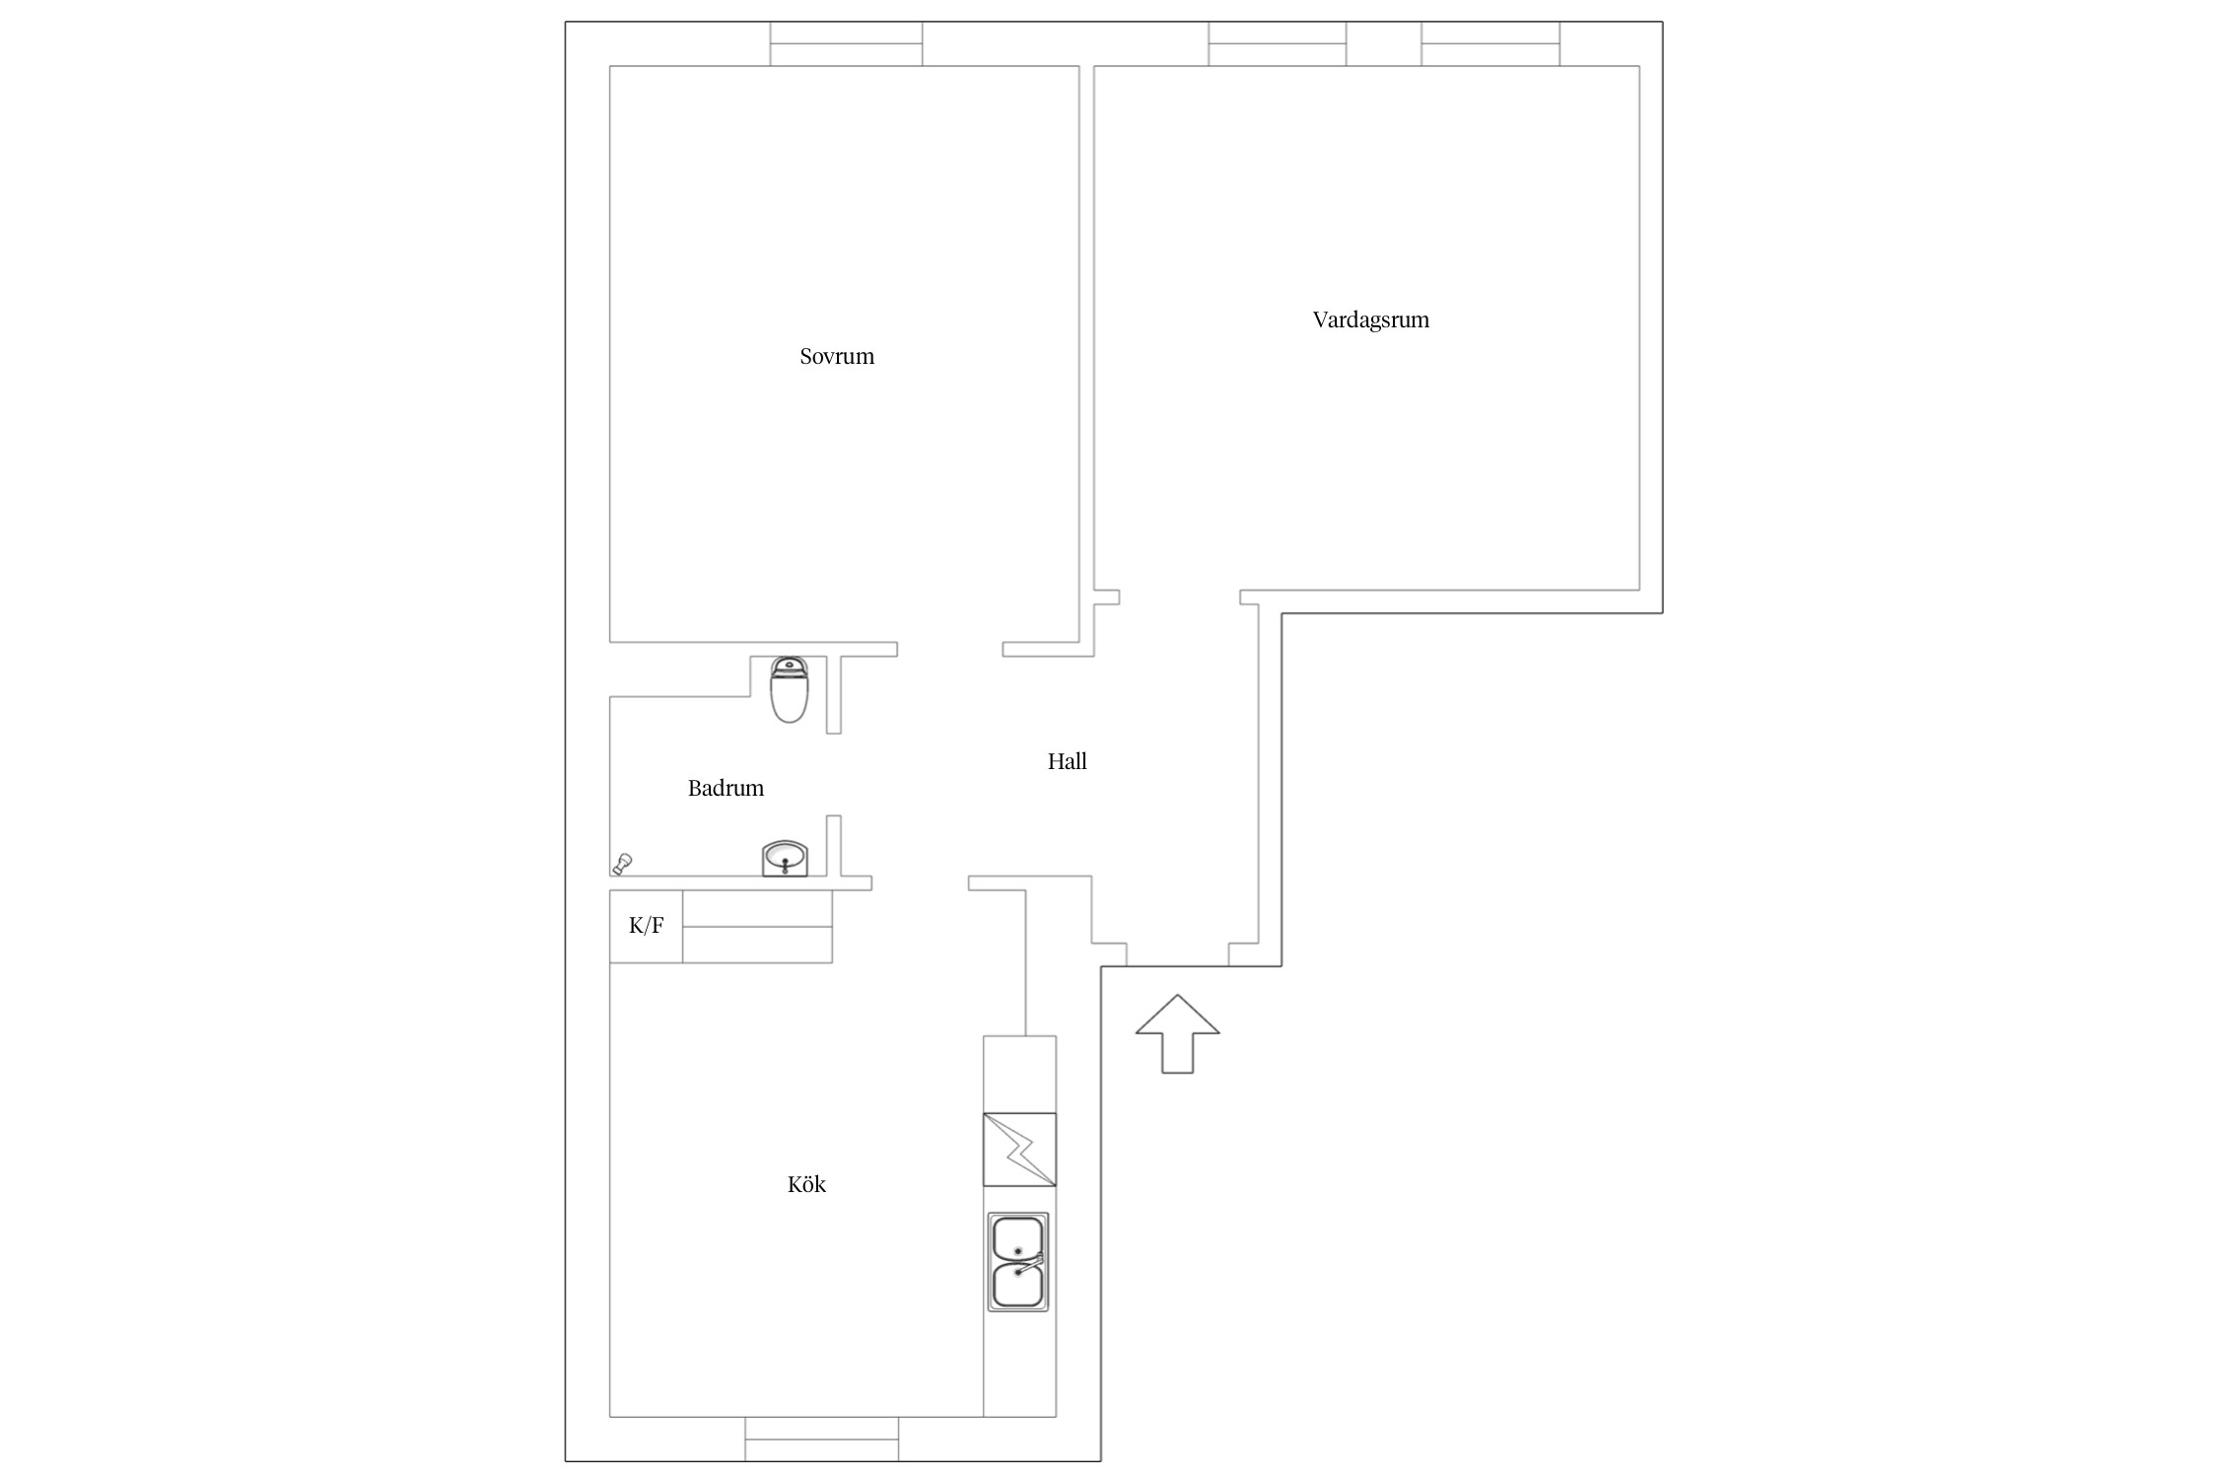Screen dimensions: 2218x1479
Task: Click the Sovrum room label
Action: tap(837, 356)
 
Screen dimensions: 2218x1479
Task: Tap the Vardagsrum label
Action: tap(1370, 319)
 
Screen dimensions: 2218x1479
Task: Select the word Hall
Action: tap(1067, 761)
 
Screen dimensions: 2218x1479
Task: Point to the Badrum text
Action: tap(726, 788)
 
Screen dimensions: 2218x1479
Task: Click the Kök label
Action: tap(806, 1184)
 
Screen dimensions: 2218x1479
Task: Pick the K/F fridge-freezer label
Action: tap(647, 925)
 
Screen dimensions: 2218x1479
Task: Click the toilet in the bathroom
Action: tap(789, 690)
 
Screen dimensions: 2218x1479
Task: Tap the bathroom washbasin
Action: tap(785, 859)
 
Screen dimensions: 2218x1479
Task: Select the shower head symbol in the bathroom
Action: tap(622, 864)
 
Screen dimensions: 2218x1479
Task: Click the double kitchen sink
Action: tap(1018, 1261)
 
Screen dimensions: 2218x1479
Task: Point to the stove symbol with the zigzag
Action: tap(1019, 1150)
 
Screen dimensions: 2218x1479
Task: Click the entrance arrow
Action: tap(1177, 1033)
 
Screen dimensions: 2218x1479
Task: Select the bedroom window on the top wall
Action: tap(846, 44)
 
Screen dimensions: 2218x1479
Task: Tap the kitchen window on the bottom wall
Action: tap(822, 1439)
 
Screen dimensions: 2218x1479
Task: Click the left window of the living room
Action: tap(1278, 44)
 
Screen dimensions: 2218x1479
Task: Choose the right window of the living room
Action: tap(1490, 44)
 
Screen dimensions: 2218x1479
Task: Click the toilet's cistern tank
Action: tap(789, 667)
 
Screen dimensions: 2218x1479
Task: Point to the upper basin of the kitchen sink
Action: tap(1017, 1237)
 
